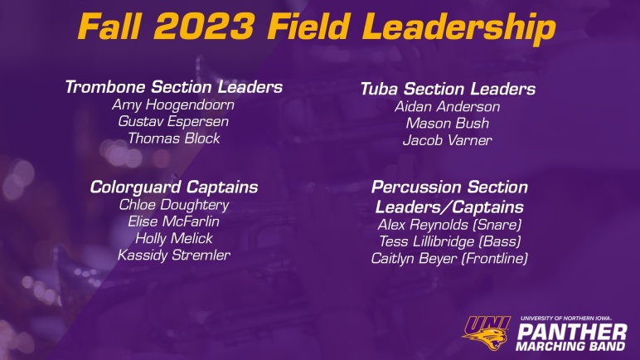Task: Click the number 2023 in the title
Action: coord(204,27)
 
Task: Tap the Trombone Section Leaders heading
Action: coord(174,87)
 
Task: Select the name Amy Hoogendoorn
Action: coord(173,105)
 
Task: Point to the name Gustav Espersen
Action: coord(173,122)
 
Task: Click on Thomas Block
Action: coord(174,139)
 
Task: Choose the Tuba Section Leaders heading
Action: coord(448,89)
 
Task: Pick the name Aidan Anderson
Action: coord(448,107)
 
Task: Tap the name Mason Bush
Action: coord(448,124)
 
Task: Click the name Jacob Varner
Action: coord(448,140)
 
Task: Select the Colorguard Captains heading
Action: coord(174,187)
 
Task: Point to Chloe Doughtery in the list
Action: coord(174,205)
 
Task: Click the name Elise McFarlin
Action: coord(173,221)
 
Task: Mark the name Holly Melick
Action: coord(174,238)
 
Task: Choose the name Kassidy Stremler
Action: coord(174,255)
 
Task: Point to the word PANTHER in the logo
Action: coord(572,333)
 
